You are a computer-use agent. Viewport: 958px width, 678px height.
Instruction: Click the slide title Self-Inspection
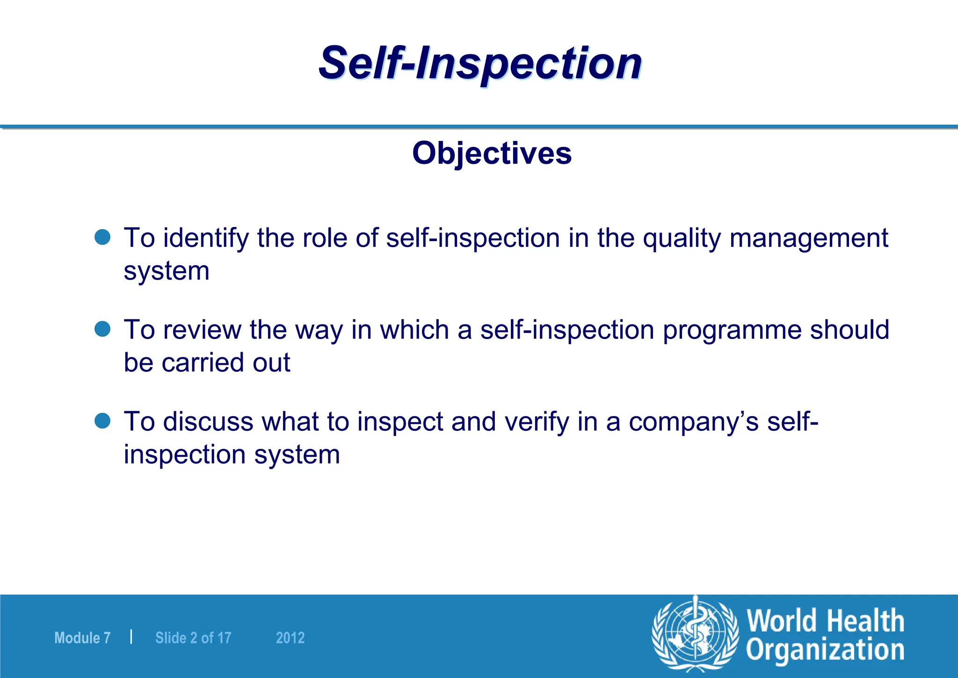(480, 63)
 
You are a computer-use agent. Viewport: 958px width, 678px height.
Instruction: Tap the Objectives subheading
(492, 153)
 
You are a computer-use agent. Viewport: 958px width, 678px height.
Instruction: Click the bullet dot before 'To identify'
(102, 237)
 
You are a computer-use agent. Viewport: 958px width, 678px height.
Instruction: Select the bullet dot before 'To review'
(102, 329)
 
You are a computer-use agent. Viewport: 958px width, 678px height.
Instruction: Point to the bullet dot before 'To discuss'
(102, 420)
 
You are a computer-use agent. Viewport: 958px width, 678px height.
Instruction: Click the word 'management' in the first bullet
(808, 238)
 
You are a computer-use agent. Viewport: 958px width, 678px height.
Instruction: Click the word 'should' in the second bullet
(849, 329)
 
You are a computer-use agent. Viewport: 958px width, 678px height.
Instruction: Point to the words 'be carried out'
(207, 362)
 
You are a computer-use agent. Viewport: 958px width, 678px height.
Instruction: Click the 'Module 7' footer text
(82, 638)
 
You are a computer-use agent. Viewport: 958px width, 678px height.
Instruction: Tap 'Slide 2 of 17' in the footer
(193, 638)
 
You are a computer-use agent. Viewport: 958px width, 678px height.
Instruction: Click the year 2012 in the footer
(290, 638)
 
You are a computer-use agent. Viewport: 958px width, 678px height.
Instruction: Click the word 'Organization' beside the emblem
(825, 651)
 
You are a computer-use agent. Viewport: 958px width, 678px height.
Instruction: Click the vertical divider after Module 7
(131, 637)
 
